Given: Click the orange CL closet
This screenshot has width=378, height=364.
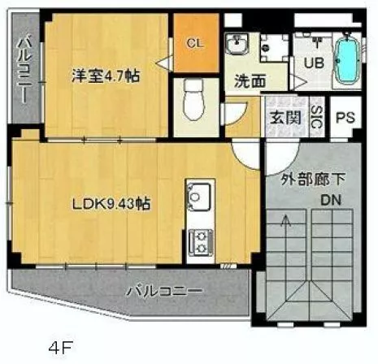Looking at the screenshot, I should (196, 43).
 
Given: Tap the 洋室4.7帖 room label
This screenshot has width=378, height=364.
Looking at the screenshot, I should (105, 76).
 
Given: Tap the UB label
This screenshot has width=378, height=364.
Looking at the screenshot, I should (314, 63).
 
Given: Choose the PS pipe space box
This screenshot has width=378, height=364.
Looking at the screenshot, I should (345, 119).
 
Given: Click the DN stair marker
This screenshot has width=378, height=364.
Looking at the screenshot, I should (328, 201).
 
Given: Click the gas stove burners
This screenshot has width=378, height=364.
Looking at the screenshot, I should (198, 238).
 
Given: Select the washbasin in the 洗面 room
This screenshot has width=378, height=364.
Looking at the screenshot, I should (240, 45).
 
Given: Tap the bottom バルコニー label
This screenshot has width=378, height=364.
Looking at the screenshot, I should (163, 290).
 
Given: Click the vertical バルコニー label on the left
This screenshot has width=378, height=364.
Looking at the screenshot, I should (25, 69).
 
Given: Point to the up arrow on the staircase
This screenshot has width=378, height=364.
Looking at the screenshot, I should (285, 219).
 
